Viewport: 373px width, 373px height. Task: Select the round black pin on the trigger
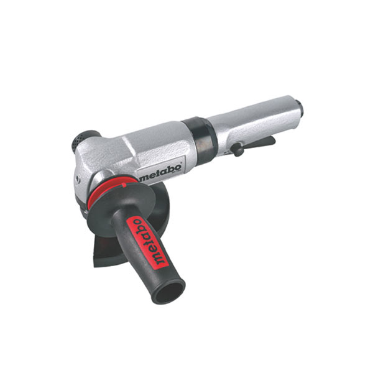pos(238,150)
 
